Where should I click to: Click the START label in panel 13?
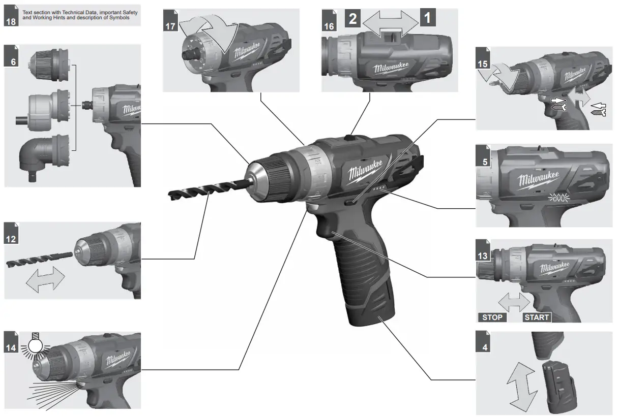coord(537,317)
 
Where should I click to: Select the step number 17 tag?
coord(170,26)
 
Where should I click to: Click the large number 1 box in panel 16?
coord(427,19)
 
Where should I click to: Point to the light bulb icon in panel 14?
coord(34,346)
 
